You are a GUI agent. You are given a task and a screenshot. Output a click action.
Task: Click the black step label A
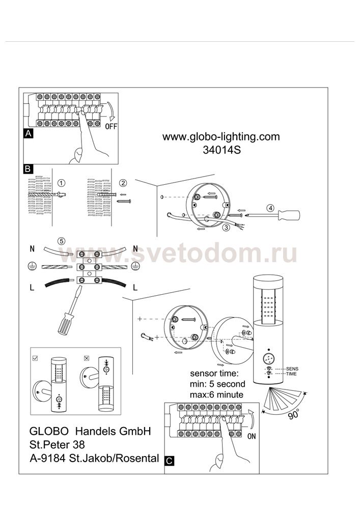click(29, 133)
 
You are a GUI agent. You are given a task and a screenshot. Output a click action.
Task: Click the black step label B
click(28, 169)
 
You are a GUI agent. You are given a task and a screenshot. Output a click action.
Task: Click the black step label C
click(170, 461)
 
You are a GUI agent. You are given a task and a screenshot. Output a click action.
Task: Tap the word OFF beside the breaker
click(111, 127)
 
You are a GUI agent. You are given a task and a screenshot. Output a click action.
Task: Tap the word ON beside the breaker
click(252, 436)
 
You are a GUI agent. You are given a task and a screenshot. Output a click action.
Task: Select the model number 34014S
click(221, 150)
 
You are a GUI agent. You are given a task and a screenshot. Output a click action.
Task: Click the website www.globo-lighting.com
click(221, 136)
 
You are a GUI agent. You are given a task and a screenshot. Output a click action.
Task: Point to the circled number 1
click(61, 183)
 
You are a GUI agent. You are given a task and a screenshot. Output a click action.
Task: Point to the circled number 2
click(123, 183)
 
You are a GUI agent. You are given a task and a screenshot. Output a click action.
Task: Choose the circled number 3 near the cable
click(226, 228)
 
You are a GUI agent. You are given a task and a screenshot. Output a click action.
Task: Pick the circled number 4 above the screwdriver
click(270, 208)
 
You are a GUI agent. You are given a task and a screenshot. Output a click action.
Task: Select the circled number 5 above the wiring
click(61, 241)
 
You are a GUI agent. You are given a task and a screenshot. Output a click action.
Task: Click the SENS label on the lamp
click(292, 369)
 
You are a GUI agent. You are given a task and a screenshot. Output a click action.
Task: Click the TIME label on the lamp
click(291, 374)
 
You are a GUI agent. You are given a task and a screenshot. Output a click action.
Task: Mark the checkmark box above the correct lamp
click(36, 358)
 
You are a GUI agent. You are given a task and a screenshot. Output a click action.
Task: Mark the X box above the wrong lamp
click(87, 358)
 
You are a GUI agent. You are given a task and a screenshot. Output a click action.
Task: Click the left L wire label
click(32, 287)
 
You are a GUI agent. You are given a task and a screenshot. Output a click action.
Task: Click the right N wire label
click(135, 249)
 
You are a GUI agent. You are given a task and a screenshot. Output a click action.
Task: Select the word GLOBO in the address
click(49, 431)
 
